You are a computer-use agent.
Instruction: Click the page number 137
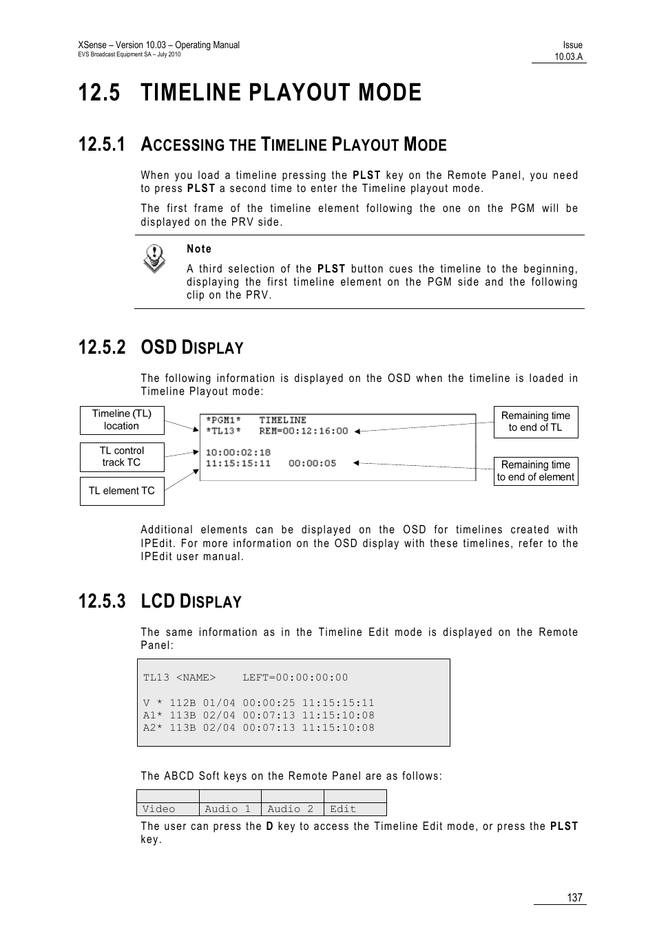tap(574, 897)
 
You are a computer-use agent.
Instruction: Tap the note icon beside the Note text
tap(154, 258)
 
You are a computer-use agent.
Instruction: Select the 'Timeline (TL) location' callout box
tap(122, 420)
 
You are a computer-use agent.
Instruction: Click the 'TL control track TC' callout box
tap(122, 456)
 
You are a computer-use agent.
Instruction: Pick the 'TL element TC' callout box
tap(122, 491)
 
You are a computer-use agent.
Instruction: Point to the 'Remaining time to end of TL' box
tap(535, 421)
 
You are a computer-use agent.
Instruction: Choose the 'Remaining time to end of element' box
tap(535, 471)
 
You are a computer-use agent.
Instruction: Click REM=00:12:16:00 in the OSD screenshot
tap(304, 431)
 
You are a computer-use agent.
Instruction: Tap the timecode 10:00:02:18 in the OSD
tap(238, 452)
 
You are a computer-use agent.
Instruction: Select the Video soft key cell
tap(167, 809)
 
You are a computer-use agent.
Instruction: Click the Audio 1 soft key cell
tap(230, 809)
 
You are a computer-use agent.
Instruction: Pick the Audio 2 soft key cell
tap(292, 809)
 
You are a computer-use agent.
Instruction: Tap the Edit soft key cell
tap(355, 809)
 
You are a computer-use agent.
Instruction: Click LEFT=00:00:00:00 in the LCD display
tap(295, 678)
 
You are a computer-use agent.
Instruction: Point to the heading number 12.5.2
tap(102, 348)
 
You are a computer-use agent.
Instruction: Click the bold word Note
tap(199, 249)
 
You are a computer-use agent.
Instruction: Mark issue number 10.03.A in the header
tap(569, 57)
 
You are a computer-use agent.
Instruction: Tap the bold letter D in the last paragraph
tap(270, 826)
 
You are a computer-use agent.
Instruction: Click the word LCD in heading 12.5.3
tap(158, 601)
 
